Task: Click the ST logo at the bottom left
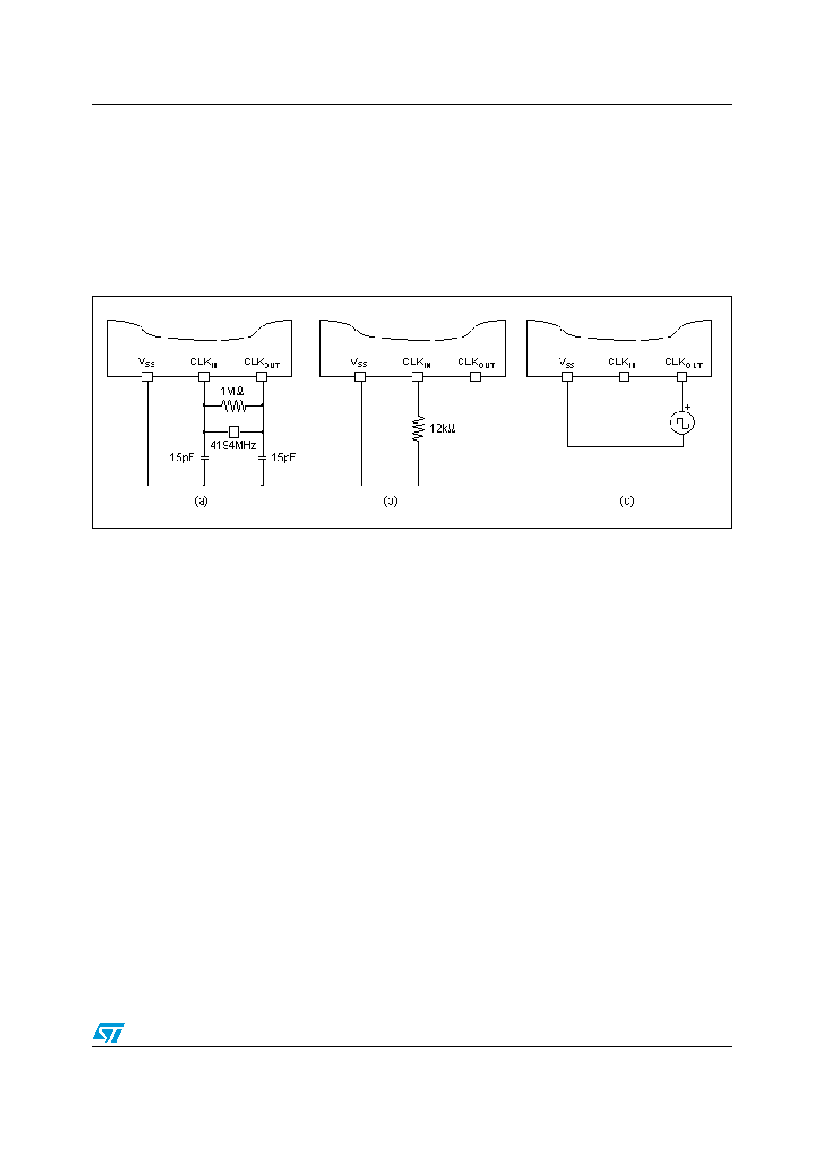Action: tap(108, 1032)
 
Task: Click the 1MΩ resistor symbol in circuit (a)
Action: tap(234, 405)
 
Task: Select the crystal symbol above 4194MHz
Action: tap(234, 432)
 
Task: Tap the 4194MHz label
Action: tap(233, 446)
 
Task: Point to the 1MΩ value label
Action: tap(232, 390)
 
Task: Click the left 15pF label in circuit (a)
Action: tap(181, 457)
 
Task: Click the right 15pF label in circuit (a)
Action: tap(283, 457)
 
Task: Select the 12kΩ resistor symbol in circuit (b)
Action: tap(418, 429)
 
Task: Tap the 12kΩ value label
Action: tap(442, 428)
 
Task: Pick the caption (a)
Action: tap(201, 501)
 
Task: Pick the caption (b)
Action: tap(390, 501)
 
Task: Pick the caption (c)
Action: tap(626, 501)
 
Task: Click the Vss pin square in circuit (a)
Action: tap(147, 376)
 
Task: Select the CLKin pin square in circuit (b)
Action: tap(417, 376)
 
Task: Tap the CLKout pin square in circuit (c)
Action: tap(683, 376)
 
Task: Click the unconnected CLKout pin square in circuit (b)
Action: tap(475, 376)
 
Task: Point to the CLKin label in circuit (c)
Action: tap(622, 363)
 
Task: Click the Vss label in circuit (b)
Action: tap(359, 363)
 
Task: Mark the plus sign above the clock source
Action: tap(687, 407)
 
